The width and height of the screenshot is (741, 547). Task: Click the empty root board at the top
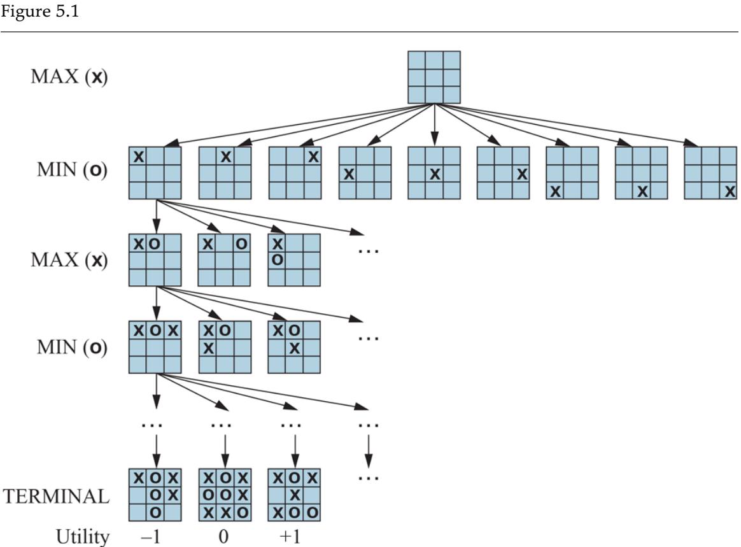point(434,77)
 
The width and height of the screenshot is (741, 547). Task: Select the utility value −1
point(154,538)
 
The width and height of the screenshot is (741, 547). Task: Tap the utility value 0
point(223,538)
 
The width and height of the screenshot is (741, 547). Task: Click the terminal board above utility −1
point(155,495)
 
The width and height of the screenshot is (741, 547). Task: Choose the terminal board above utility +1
point(294,495)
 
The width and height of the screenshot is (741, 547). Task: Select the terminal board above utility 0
point(224,495)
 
